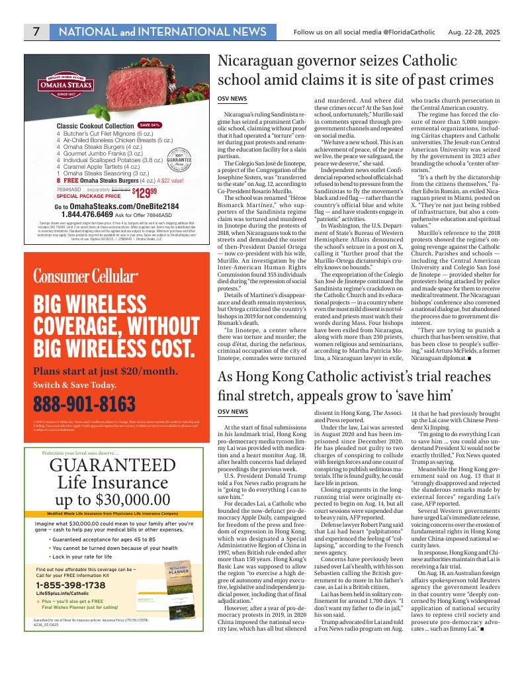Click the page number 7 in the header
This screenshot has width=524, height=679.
pos(36,32)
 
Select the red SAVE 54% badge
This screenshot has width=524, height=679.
pos(150,125)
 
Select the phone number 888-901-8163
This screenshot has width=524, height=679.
pos(84,404)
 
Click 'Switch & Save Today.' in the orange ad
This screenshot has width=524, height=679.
pos(75,385)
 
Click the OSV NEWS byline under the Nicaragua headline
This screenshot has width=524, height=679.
pos(232,99)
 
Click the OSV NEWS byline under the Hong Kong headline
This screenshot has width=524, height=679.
pos(232,412)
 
